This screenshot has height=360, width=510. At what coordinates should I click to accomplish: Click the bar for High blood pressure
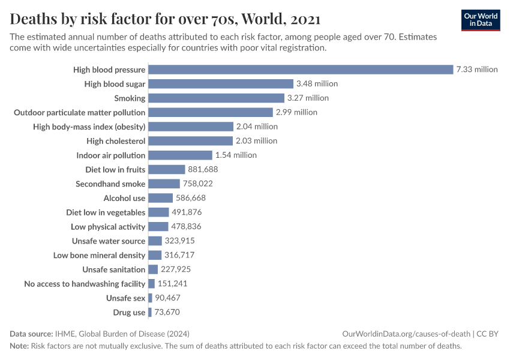pos(300,70)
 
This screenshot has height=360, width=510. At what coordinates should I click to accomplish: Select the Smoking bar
pos(216,98)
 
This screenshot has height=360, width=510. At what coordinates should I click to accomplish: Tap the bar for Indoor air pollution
pos(180,155)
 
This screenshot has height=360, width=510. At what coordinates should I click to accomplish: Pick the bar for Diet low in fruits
pos(166,170)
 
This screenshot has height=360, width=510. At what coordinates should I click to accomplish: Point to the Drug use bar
pos(150,313)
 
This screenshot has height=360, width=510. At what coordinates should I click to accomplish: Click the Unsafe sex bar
pos(150,298)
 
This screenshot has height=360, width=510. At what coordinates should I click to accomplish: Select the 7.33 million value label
pos(477,70)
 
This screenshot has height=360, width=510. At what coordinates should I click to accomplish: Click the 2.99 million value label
pos(296,112)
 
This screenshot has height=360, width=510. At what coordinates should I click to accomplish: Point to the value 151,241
pos(175,284)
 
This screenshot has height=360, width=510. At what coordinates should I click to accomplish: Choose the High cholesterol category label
pos(116,141)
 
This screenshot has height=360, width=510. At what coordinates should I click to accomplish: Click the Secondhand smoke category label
pos(110,184)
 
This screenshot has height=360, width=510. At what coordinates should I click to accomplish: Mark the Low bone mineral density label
pos(99,256)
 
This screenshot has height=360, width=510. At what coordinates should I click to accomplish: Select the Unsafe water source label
pos(109,241)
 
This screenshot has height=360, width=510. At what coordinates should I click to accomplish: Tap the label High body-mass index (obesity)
pos(89,127)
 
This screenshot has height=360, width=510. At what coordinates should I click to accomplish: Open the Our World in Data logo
pos(481,20)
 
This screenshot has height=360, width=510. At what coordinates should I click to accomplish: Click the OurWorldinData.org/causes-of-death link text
pos(406,334)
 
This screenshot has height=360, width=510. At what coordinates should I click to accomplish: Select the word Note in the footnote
pos(19,346)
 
